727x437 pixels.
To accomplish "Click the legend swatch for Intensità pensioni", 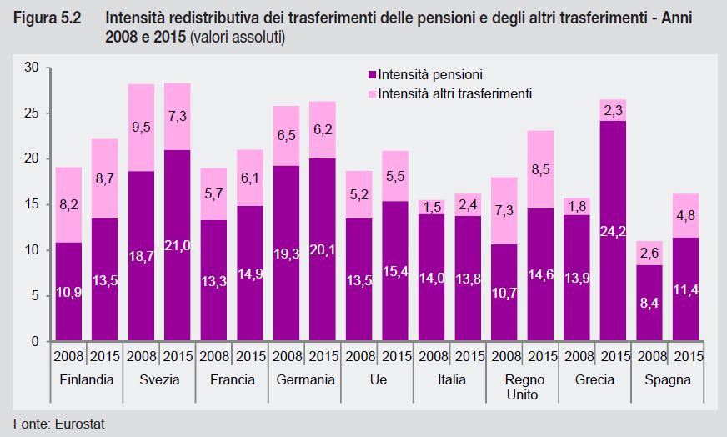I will coord(372,74).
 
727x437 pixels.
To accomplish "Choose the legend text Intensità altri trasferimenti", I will coord(454,93).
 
